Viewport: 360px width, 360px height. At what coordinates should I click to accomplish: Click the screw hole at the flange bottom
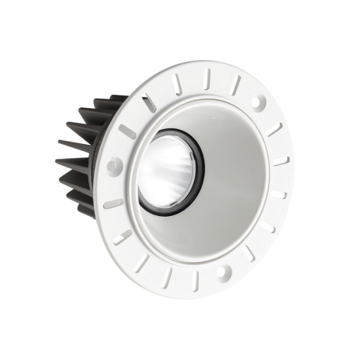[222, 272]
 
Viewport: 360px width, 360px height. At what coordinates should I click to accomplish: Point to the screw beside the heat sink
[114, 165]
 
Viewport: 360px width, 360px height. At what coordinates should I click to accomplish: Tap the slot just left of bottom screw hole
[196, 278]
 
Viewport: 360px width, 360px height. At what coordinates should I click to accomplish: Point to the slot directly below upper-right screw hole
[274, 130]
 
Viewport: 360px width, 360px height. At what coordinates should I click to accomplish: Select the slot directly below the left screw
[113, 203]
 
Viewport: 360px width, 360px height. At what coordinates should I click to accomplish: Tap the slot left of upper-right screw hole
[236, 85]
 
